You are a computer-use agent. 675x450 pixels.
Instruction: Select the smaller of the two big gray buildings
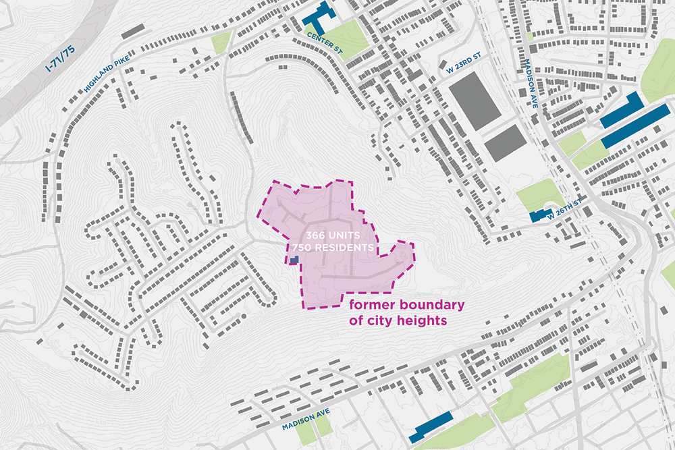(505, 142)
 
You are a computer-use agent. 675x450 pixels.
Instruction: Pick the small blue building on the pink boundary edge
(294, 260)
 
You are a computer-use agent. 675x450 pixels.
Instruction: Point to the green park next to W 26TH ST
(540, 194)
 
